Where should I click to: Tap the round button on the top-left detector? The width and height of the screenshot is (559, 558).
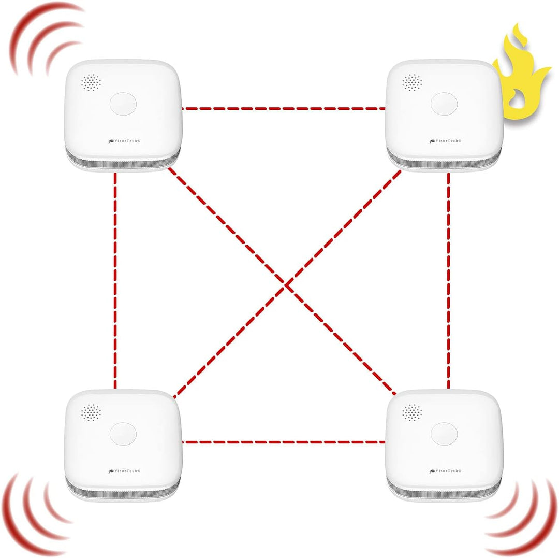(123, 104)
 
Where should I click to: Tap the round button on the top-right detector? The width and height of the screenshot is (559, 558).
(444, 104)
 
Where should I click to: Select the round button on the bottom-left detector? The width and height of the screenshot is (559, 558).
(123, 434)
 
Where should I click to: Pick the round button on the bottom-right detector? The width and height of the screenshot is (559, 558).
(444, 434)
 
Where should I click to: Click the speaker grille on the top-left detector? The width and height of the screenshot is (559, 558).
(91, 82)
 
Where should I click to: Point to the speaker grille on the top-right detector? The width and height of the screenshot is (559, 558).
(412, 82)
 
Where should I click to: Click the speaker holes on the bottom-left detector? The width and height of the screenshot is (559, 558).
(91, 412)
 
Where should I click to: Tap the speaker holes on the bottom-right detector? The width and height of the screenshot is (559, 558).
(412, 412)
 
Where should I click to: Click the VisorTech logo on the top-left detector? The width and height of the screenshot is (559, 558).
(124, 141)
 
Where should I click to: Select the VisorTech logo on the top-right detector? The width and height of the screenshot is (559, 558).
(445, 141)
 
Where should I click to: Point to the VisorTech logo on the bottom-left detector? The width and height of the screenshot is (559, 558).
(124, 471)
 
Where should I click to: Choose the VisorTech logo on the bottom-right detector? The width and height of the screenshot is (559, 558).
(445, 471)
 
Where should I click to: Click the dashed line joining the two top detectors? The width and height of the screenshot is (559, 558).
(284, 108)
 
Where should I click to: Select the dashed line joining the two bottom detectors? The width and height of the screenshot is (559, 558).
(284, 442)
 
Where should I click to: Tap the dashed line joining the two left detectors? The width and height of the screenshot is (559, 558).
(115, 281)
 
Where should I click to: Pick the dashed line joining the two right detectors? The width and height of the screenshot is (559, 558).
(448, 281)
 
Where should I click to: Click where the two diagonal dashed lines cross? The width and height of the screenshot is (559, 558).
(286, 284)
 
